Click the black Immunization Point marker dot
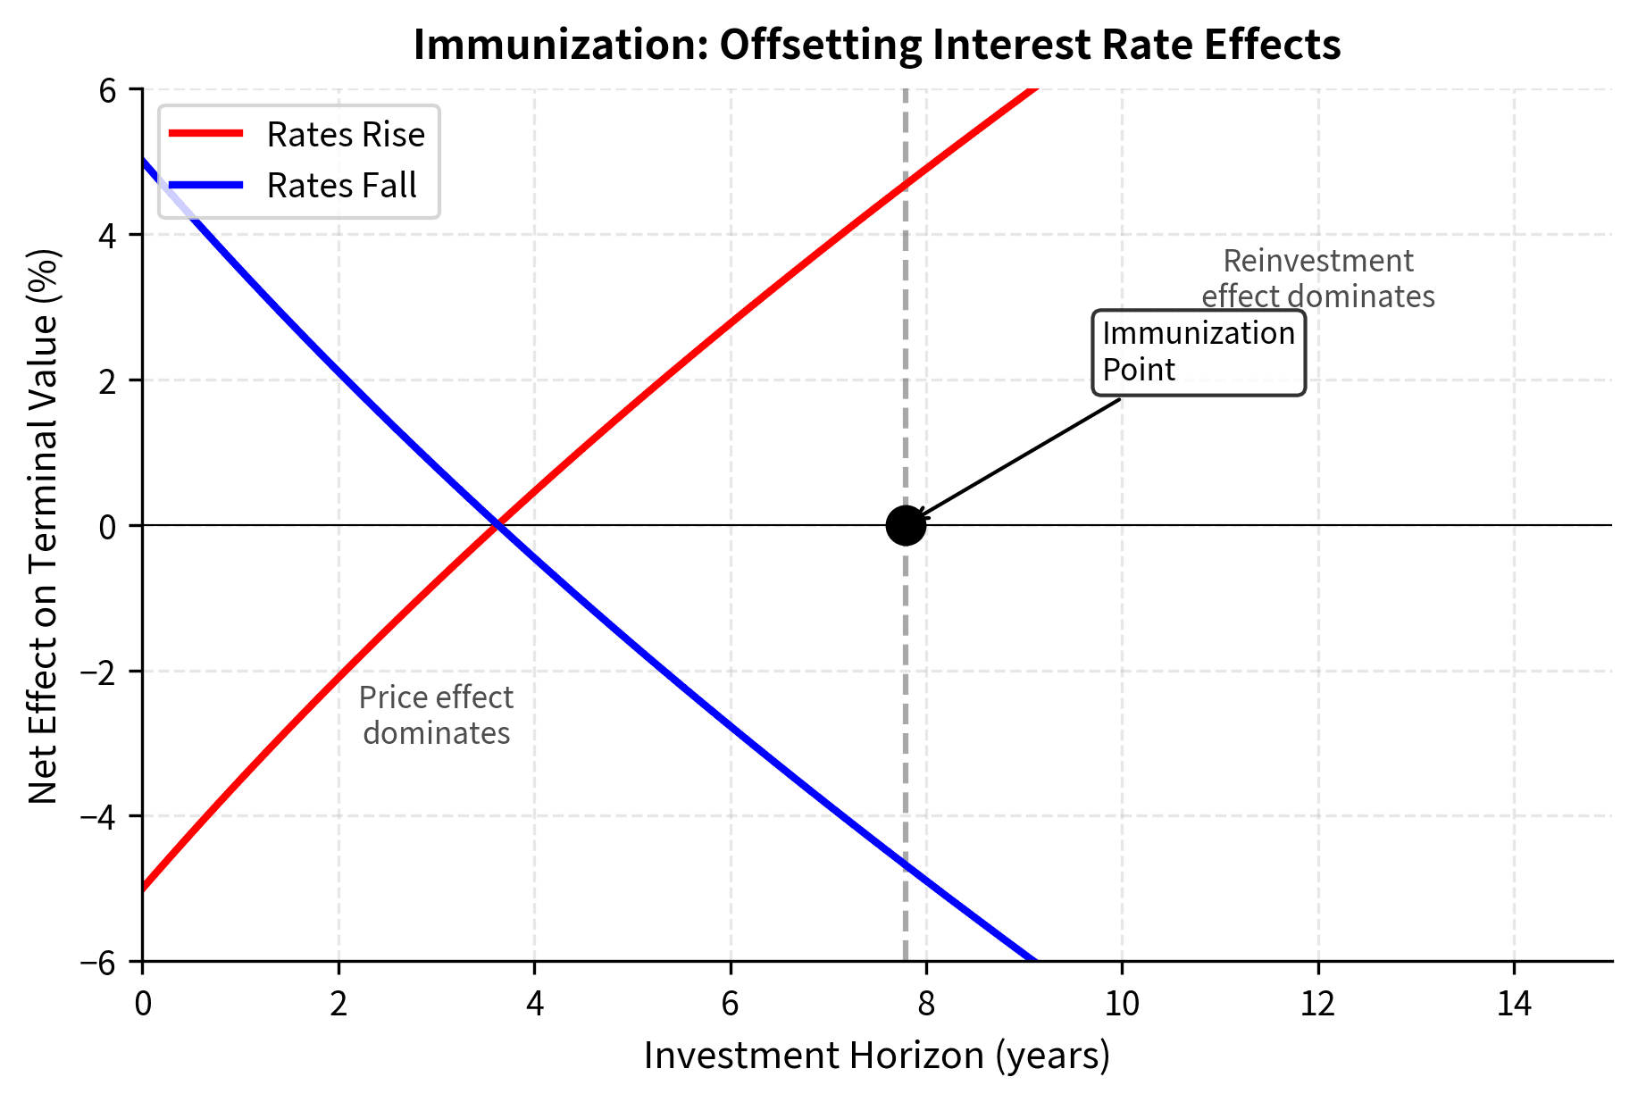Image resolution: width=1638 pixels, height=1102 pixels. pyautogui.click(x=906, y=525)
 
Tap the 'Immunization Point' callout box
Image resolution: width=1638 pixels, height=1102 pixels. pyautogui.click(x=1199, y=352)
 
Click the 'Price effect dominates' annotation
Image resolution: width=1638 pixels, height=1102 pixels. pyautogui.click(x=437, y=715)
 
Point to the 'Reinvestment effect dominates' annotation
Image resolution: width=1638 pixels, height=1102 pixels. pyautogui.click(x=1317, y=279)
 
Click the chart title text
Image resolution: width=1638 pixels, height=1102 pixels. pyautogui.click(x=876, y=45)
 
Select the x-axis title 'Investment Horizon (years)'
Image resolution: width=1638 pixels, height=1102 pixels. pyautogui.click(x=876, y=1056)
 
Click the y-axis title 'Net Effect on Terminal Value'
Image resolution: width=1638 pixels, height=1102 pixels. pyautogui.click(x=43, y=525)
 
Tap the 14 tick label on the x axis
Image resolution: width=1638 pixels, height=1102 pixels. pyautogui.click(x=1514, y=1005)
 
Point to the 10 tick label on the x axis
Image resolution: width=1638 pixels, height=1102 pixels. pyautogui.click(x=1122, y=1005)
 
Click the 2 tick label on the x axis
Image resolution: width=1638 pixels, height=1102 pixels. pyautogui.click(x=338, y=1005)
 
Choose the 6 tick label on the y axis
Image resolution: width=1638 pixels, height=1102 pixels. pyautogui.click(x=108, y=90)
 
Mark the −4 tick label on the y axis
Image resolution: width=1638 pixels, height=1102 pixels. pyautogui.click(x=99, y=816)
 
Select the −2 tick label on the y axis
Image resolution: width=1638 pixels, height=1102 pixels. pyautogui.click(x=99, y=671)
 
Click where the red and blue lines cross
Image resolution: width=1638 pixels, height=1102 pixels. pyautogui.click(x=497, y=525)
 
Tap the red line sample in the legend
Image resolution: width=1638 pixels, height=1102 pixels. pyautogui.click(x=205, y=134)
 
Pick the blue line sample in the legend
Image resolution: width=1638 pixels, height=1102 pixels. pyautogui.click(x=205, y=185)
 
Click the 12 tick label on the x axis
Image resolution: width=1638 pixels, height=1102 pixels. pyautogui.click(x=1317, y=1005)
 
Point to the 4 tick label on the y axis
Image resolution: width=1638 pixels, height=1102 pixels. pyautogui.click(x=108, y=235)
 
